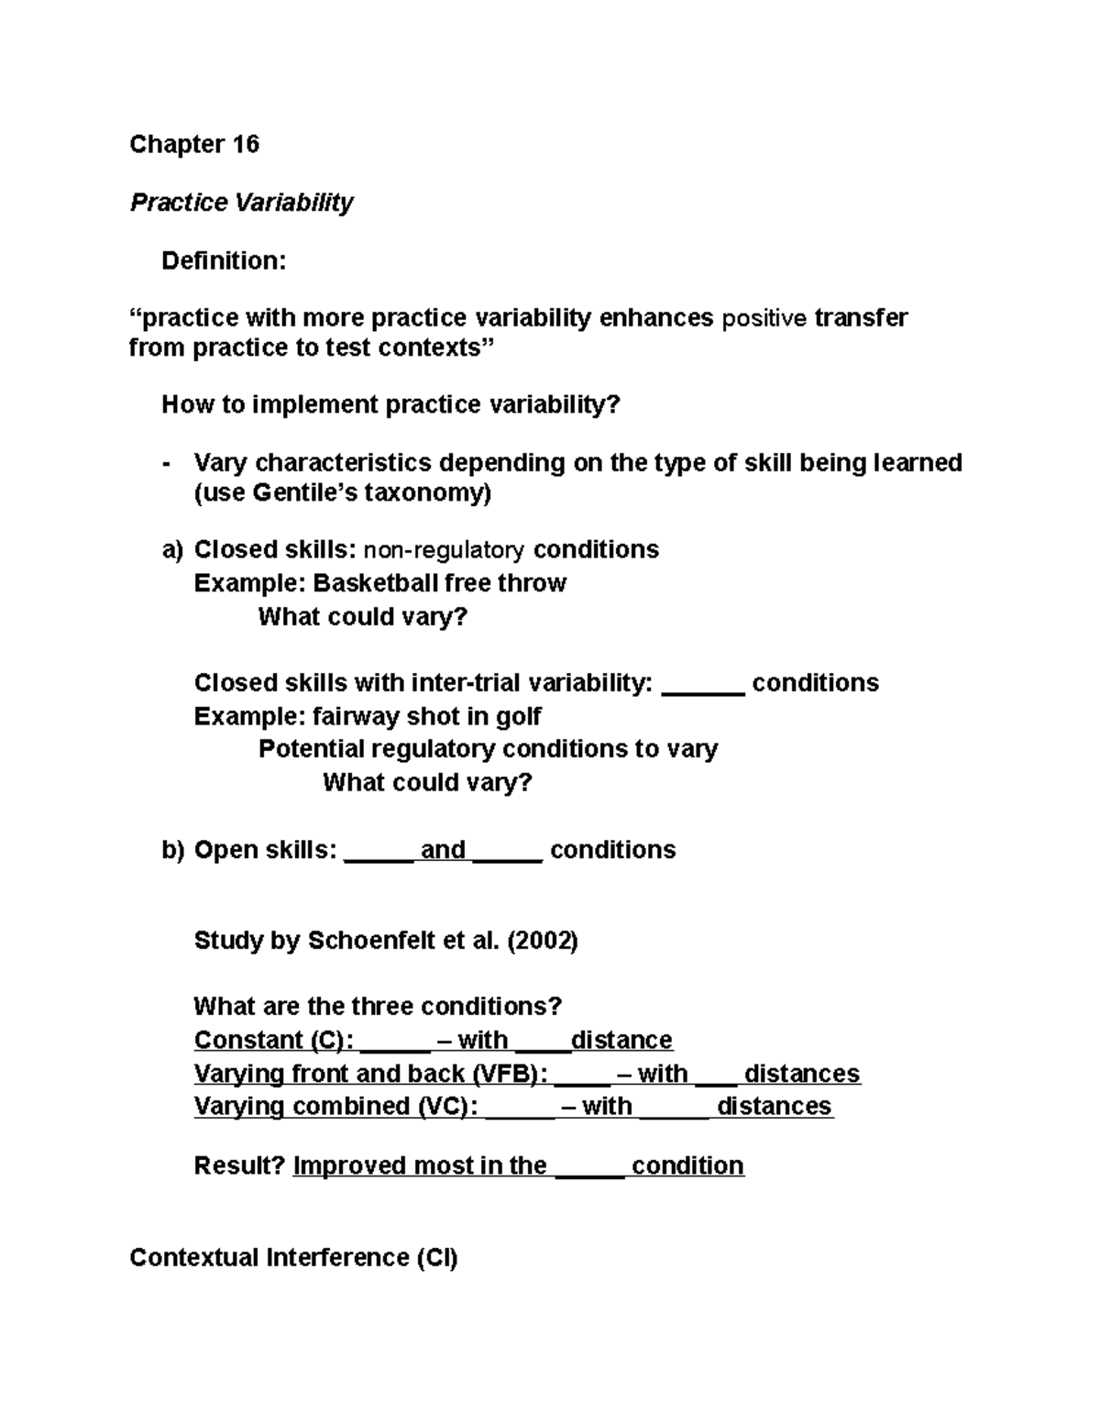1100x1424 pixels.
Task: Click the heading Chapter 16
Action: pyautogui.click(x=194, y=144)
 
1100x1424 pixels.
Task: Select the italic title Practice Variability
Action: pyautogui.click(x=241, y=202)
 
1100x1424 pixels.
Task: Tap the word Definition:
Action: pyautogui.click(x=224, y=260)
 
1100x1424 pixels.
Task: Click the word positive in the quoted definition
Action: pyautogui.click(x=765, y=318)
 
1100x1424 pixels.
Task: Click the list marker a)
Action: pyautogui.click(x=172, y=549)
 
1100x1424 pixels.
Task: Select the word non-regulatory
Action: pyautogui.click(x=445, y=550)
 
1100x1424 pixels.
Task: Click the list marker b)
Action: pyautogui.click(x=172, y=850)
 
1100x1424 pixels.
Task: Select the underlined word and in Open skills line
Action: pyautogui.click(x=443, y=850)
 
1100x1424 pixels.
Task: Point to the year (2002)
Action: pyautogui.click(x=542, y=941)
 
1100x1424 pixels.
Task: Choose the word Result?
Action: pyautogui.click(x=239, y=1165)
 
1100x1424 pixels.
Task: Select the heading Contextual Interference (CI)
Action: pyautogui.click(x=293, y=1257)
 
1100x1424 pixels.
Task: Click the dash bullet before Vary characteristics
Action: pyautogui.click(x=166, y=463)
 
